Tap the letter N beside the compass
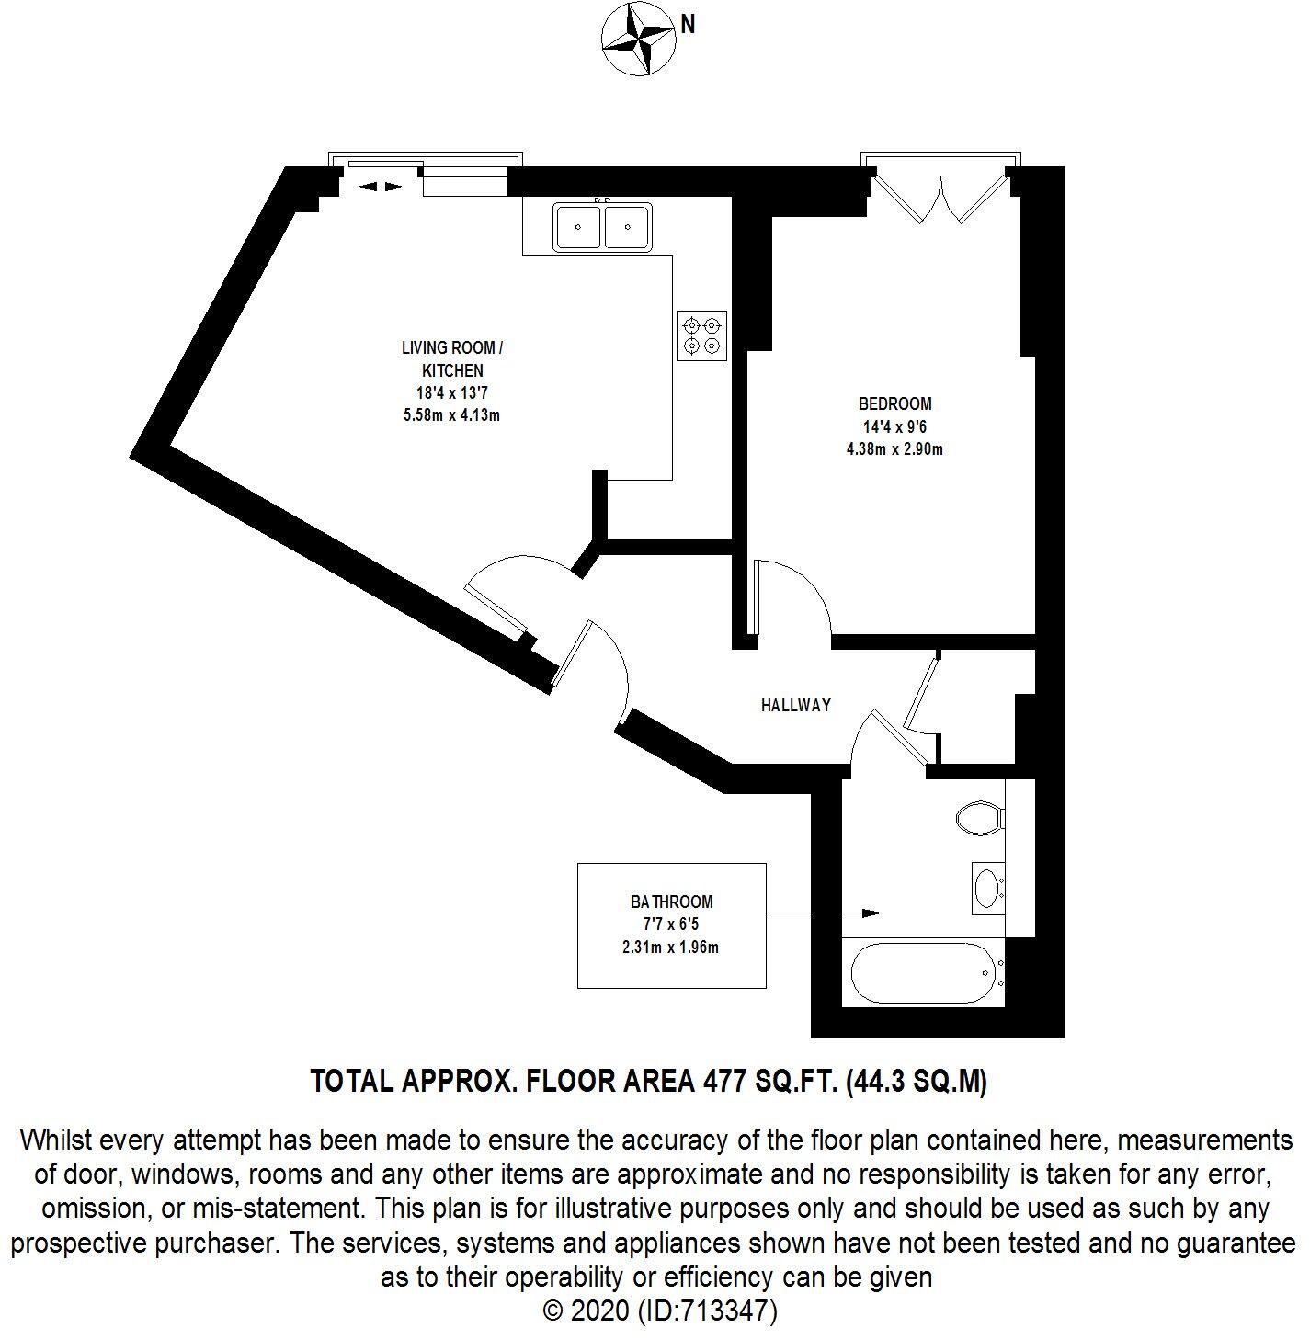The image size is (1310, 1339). click(x=687, y=26)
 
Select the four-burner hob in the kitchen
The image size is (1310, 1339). click(x=702, y=335)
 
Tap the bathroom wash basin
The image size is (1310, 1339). click(x=987, y=888)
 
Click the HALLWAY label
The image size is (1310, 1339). click(x=795, y=705)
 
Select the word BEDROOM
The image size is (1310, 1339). click(x=894, y=403)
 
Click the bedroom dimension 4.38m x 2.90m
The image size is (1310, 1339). click(x=894, y=449)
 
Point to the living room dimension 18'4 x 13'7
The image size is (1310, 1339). click(x=451, y=392)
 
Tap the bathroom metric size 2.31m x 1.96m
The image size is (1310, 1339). click(x=670, y=947)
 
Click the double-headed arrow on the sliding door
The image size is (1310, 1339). click(x=380, y=187)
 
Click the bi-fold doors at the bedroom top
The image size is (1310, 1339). click(x=940, y=198)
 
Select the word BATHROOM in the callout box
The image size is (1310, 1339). click(x=671, y=902)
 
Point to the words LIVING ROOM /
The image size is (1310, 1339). click(x=451, y=347)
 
